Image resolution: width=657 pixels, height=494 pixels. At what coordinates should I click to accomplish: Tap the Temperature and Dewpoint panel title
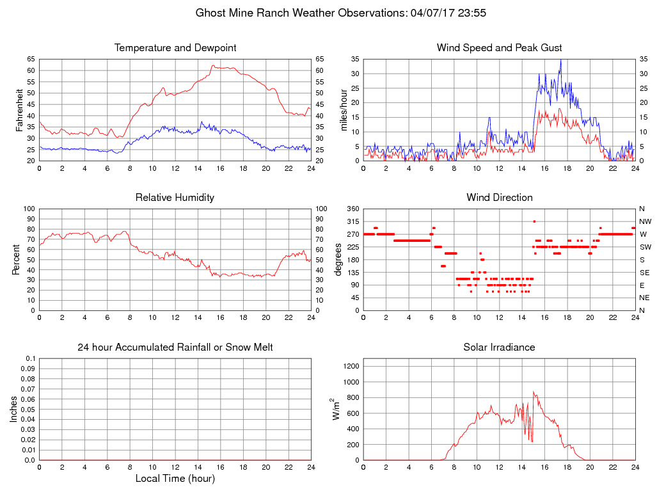[x=175, y=48]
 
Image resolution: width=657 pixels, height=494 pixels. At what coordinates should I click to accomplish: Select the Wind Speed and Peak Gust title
[x=499, y=48]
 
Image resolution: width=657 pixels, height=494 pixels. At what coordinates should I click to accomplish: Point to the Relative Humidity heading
[x=175, y=198]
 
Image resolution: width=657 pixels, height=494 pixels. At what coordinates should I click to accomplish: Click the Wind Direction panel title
[x=499, y=198]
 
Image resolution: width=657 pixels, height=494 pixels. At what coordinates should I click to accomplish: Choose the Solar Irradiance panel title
[x=499, y=347]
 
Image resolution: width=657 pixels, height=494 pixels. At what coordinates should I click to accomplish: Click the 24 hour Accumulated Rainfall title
[x=175, y=347]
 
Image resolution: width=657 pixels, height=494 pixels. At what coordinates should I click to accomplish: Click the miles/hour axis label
[x=344, y=109]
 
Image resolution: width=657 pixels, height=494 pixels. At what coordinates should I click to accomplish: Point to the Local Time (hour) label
[x=175, y=478]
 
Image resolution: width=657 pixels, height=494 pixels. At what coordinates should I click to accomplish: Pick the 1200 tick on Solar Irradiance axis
[x=351, y=367]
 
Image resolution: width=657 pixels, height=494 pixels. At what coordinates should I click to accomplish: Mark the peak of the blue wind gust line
[x=560, y=60]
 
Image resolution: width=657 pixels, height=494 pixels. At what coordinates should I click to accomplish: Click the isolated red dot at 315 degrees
[x=534, y=221]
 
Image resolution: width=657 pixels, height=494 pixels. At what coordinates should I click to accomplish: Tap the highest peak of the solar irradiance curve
[x=534, y=392]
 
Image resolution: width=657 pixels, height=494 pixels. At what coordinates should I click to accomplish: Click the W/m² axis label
[x=335, y=409]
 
